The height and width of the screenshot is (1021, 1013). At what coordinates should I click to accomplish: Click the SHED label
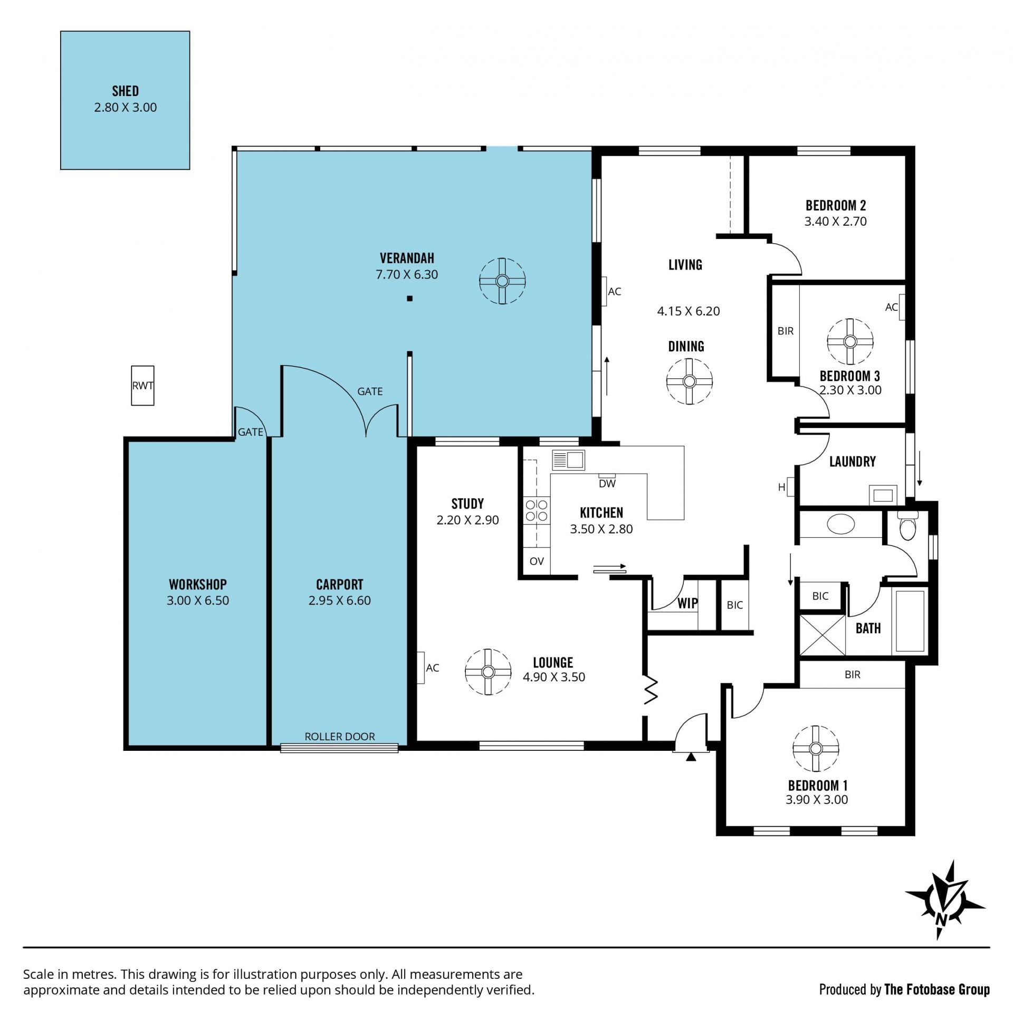pos(125,91)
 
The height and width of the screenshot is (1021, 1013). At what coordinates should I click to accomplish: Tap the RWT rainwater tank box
pos(142,386)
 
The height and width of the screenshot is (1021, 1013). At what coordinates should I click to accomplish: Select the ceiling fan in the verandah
pos(502,281)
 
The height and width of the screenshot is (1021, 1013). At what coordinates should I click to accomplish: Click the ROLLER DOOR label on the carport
pos(339,736)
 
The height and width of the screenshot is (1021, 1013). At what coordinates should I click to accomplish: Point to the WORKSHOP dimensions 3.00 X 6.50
pos(198,600)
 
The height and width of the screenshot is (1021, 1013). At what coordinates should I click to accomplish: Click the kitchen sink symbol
pos(568,460)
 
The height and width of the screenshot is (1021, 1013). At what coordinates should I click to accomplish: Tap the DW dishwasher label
pos(607,483)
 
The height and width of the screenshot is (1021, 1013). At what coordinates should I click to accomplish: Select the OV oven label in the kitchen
pos(537,561)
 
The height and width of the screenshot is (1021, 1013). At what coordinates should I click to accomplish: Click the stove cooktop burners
pos(537,511)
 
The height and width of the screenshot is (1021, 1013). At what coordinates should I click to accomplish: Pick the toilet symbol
pos(907,526)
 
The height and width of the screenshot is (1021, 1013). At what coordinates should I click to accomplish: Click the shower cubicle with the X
pos(822,635)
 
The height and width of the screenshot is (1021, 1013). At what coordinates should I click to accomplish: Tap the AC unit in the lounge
pos(421,668)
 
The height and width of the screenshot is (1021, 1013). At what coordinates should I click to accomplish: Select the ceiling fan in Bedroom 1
pos(815,749)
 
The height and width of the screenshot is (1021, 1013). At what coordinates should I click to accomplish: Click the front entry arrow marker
pos(691,757)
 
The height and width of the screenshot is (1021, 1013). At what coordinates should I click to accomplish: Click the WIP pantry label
pos(687,603)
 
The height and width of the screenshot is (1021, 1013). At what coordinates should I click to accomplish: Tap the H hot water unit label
pos(781,487)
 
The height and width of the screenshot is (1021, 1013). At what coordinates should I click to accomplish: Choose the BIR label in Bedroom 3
pos(785,331)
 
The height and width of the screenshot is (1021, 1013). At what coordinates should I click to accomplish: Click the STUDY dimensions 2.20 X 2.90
pos(467,520)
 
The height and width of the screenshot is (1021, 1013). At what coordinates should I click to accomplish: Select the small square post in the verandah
pos(409,299)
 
